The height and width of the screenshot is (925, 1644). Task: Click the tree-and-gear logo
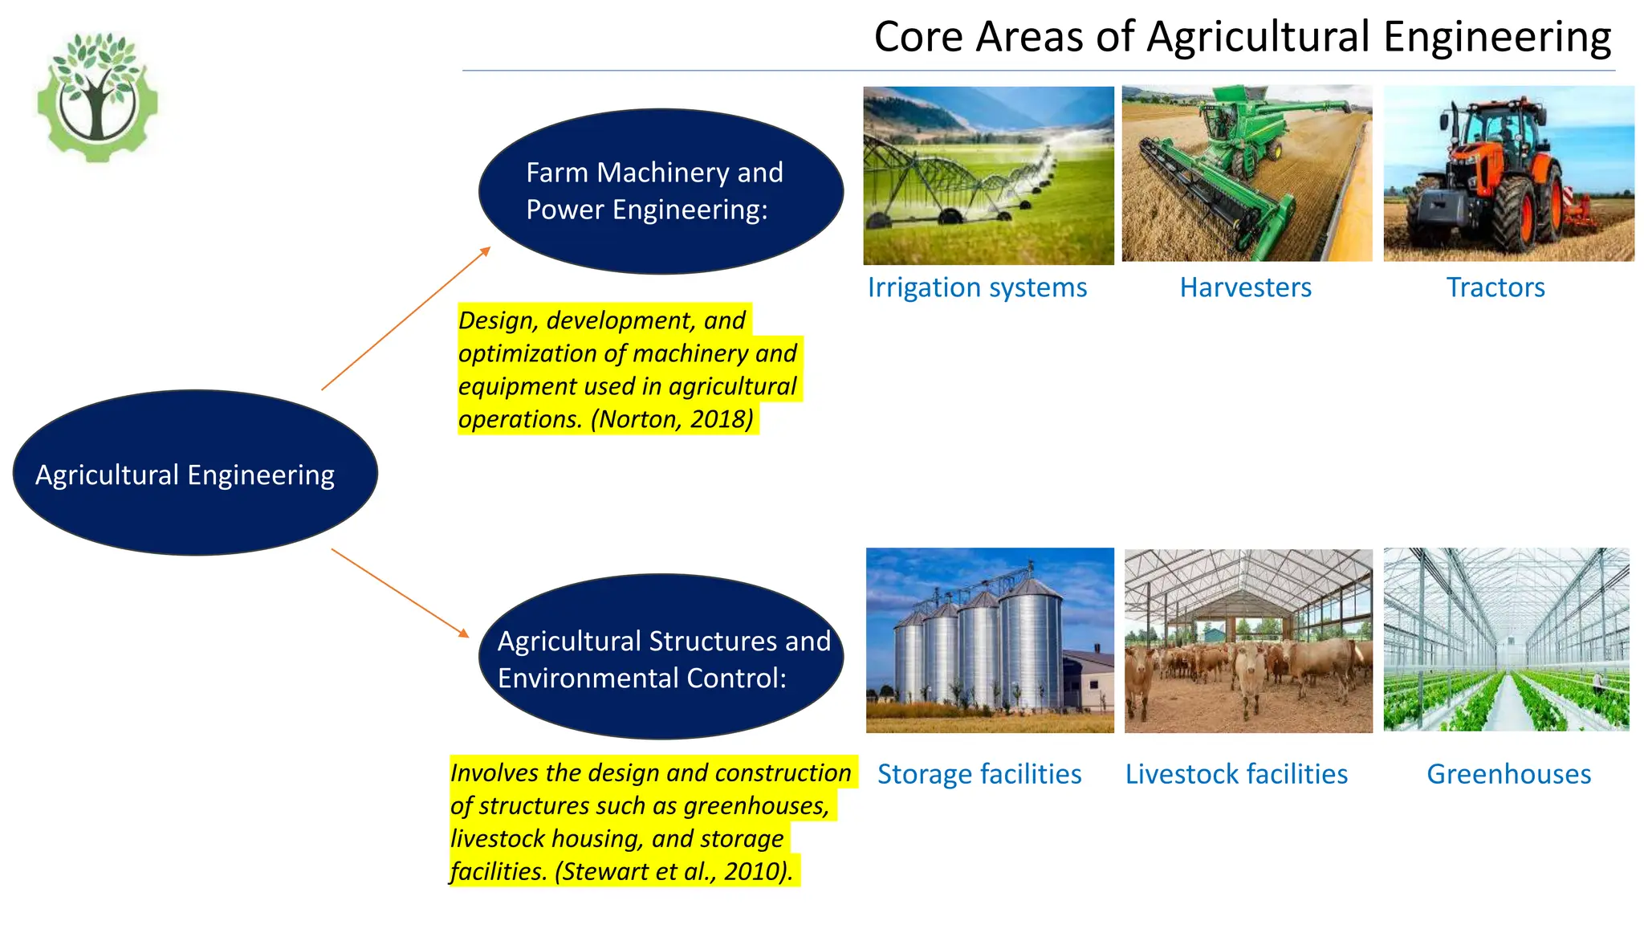(x=98, y=96)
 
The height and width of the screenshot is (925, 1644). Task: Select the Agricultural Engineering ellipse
(x=195, y=473)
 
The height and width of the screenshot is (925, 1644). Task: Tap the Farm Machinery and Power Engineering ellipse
(x=660, y=191)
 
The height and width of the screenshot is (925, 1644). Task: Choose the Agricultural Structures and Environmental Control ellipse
(x=660, y=657)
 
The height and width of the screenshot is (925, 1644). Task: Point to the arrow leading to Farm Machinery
(x=405, y=318)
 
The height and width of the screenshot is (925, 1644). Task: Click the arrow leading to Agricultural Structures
(x=399, y=593)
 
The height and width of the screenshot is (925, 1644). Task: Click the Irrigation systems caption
(x=976, y=287)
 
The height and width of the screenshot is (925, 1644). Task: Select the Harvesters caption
(x=1245, y=287)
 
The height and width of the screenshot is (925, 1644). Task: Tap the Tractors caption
(x=1495, y=287)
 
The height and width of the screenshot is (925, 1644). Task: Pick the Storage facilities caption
(x=979, y=774)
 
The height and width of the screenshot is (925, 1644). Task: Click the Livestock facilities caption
(x=1236, y=774)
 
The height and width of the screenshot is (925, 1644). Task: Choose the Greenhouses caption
(x=1508, y=774)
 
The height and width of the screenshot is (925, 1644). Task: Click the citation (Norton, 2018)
(x=673, y=419)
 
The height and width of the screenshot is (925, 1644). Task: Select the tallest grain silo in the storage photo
(x=1032, y=642)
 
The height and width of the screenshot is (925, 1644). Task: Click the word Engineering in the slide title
(x=1496, y=37)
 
